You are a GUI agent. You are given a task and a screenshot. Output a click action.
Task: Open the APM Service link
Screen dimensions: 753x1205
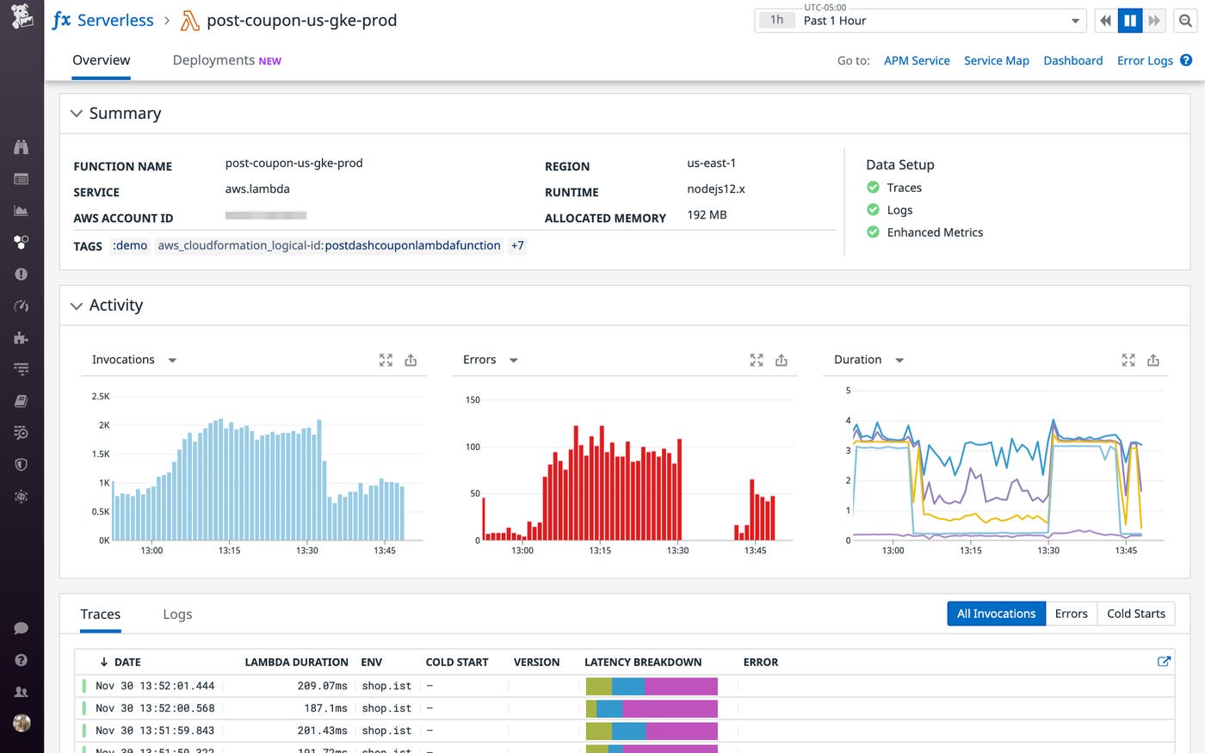coord(917,60)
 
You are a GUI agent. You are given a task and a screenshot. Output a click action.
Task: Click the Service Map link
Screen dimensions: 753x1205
coord(996,60)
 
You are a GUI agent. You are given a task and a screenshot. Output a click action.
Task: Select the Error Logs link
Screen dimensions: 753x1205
coord(1145,60)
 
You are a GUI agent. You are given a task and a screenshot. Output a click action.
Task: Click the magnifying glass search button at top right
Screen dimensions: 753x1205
coord(1185,21)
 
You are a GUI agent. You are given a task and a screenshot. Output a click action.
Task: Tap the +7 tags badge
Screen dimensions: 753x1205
coord(517,245)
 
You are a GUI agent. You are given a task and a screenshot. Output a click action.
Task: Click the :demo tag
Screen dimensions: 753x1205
coord(130,245)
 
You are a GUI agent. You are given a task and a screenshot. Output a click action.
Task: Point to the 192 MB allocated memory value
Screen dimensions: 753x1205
coord(707,215)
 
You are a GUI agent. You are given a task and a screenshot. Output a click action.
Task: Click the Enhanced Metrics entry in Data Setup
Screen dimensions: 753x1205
coord(935,232)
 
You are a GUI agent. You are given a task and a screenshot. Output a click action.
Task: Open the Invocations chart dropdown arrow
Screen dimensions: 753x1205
coord(172,361)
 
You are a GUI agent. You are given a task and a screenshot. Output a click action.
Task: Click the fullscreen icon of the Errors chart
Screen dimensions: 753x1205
coord(756,361)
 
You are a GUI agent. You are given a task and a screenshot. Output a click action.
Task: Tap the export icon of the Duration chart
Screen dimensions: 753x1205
coord(1153,361)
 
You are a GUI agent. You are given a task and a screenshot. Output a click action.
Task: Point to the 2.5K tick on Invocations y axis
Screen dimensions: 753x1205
coord(101,397)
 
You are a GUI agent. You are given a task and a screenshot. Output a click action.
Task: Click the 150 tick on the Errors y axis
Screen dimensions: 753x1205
coord(473,400)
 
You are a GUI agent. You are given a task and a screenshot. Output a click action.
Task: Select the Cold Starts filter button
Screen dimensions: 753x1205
coord(1135,614)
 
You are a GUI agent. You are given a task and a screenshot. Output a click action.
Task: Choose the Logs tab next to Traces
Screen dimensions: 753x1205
coord(177,614)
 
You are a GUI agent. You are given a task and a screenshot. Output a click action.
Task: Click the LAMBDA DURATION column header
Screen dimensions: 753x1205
coord(296,662)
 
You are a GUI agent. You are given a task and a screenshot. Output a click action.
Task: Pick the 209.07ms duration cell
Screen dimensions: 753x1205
coord(322,686)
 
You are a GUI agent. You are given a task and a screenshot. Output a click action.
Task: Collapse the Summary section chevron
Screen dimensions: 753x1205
coord(77,114)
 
